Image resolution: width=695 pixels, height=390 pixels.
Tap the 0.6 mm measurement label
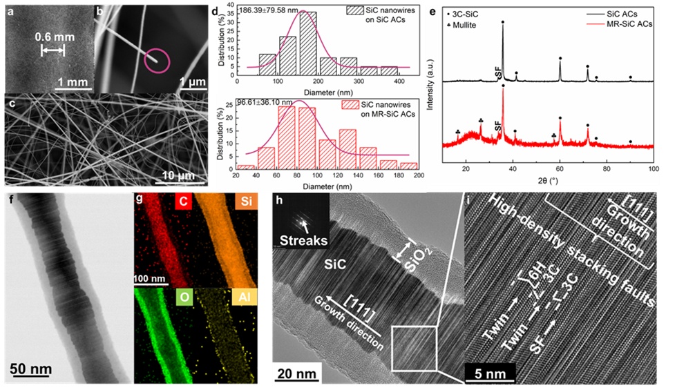pyautogui.click(x=53, y=38)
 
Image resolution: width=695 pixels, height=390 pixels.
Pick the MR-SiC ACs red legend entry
pyautogui.click(x=624, y=24)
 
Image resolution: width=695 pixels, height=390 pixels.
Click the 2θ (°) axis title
pyautogui.click(x=560, y=182)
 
